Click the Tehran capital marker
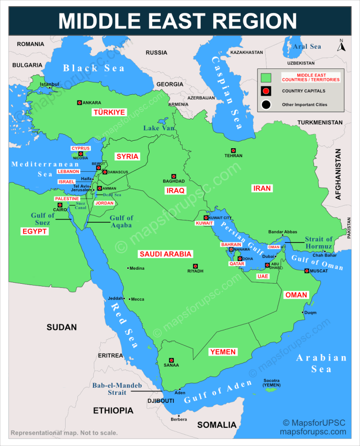[x=233, y=151]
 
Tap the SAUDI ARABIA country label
[x=165, y=254]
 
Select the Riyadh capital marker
[x=195, y=266]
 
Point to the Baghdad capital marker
[x=173, y=176]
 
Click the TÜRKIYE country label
[x=109, y=113]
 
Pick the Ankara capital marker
[x=79, y=103]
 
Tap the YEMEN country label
[x=223, y=352]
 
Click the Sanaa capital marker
[x=171, y=360]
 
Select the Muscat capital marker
[x=307, y=271]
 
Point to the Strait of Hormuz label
[x=319, y=243]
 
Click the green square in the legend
[x=266, y=77]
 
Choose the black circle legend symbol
[x=266, y=105]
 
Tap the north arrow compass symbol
[x=341, y=46]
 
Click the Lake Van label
[x=159, y=128]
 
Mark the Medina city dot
[x=128, y=268]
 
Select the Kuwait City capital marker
[x=206, y=218]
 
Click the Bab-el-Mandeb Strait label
[x=117, y=389]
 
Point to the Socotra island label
[x=272, y=383]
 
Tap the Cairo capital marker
[x=60, y=205]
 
